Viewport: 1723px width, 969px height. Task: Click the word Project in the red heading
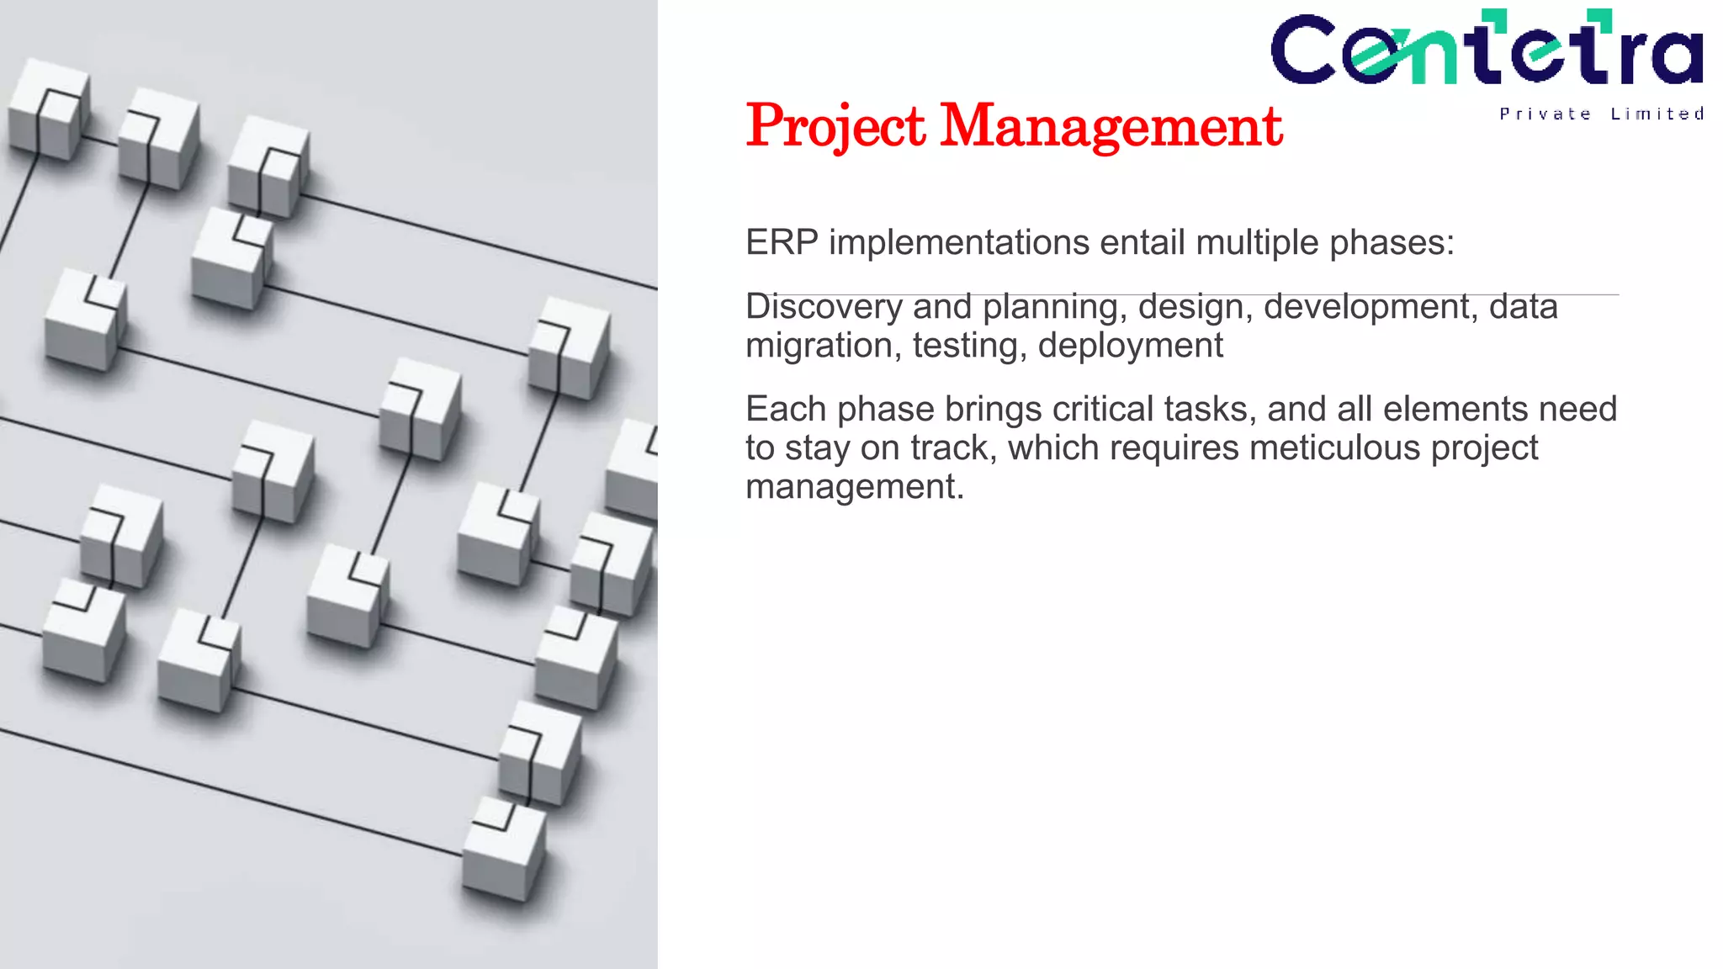[x=835, y=126]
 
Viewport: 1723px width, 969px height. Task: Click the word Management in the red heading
[x=1111, y=126]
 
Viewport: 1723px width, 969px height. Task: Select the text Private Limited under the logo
[x=1601, y=114]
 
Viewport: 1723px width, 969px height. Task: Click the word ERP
[x=782, y=243]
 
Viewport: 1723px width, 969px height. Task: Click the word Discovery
[x=824, y=307]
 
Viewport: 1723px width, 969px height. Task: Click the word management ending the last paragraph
[x=853, y=487]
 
